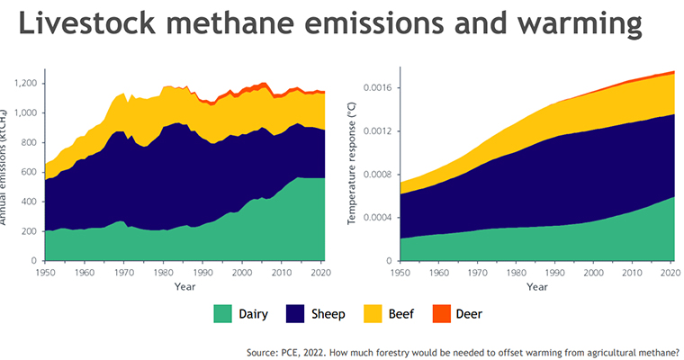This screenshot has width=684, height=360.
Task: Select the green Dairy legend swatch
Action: click(x=221, y=314)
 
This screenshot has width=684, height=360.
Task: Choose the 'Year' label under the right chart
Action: click(x=536, y=287)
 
